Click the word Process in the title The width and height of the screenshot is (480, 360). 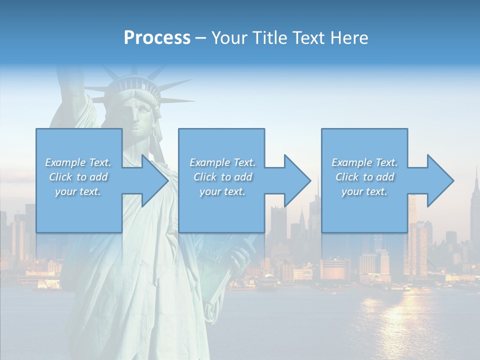click(x=157, y=38)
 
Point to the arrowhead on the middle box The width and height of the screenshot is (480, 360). click(x=296, y=180)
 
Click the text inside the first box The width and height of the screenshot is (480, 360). click(x=78, y=177)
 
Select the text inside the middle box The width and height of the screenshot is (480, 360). click(x=222, y=177)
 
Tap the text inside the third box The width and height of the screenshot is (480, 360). click(x=364, y=177)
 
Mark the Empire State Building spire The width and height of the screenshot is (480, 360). click(x=476, y=175)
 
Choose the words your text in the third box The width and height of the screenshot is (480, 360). click(x=364, y=191)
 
